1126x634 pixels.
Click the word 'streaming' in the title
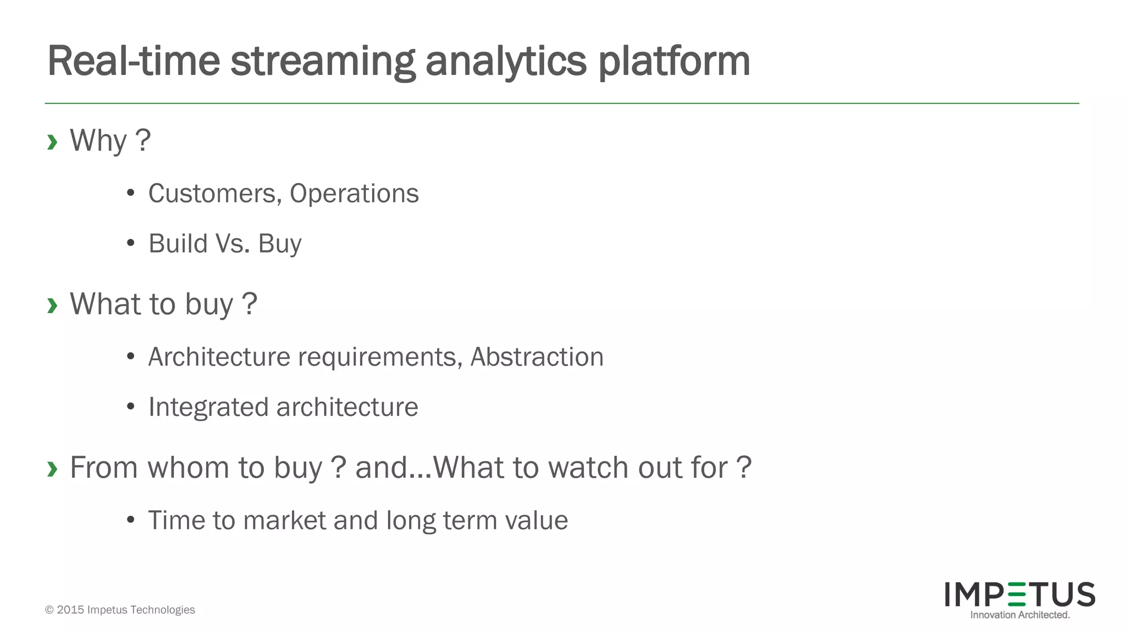pyautogui.click(x=322, y=62)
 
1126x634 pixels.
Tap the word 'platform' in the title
pyautogui.click(x=674, y=62)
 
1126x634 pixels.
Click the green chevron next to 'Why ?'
pyautogui.click(x=52, y=142)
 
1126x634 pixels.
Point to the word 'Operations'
pyautogui.click(x=354, y=194)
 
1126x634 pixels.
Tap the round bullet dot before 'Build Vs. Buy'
pyautogui.click(x=130, y=243)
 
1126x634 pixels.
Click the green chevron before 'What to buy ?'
pyautogui.click(x=52, y=305)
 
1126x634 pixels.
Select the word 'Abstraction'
pyautogui.click(x=537, y=357)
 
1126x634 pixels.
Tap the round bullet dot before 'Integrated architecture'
pyautogui.click(x=130, y=407)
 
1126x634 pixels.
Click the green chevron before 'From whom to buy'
pyautogui.click(x=52, y=469)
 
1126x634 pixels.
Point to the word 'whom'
pyautogui.click(x=188, y=468)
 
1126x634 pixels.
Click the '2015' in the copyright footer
pyautogui.click(x=70, y=610)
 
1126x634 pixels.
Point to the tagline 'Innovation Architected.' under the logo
pyautogui.click(x=1020, y=615)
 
